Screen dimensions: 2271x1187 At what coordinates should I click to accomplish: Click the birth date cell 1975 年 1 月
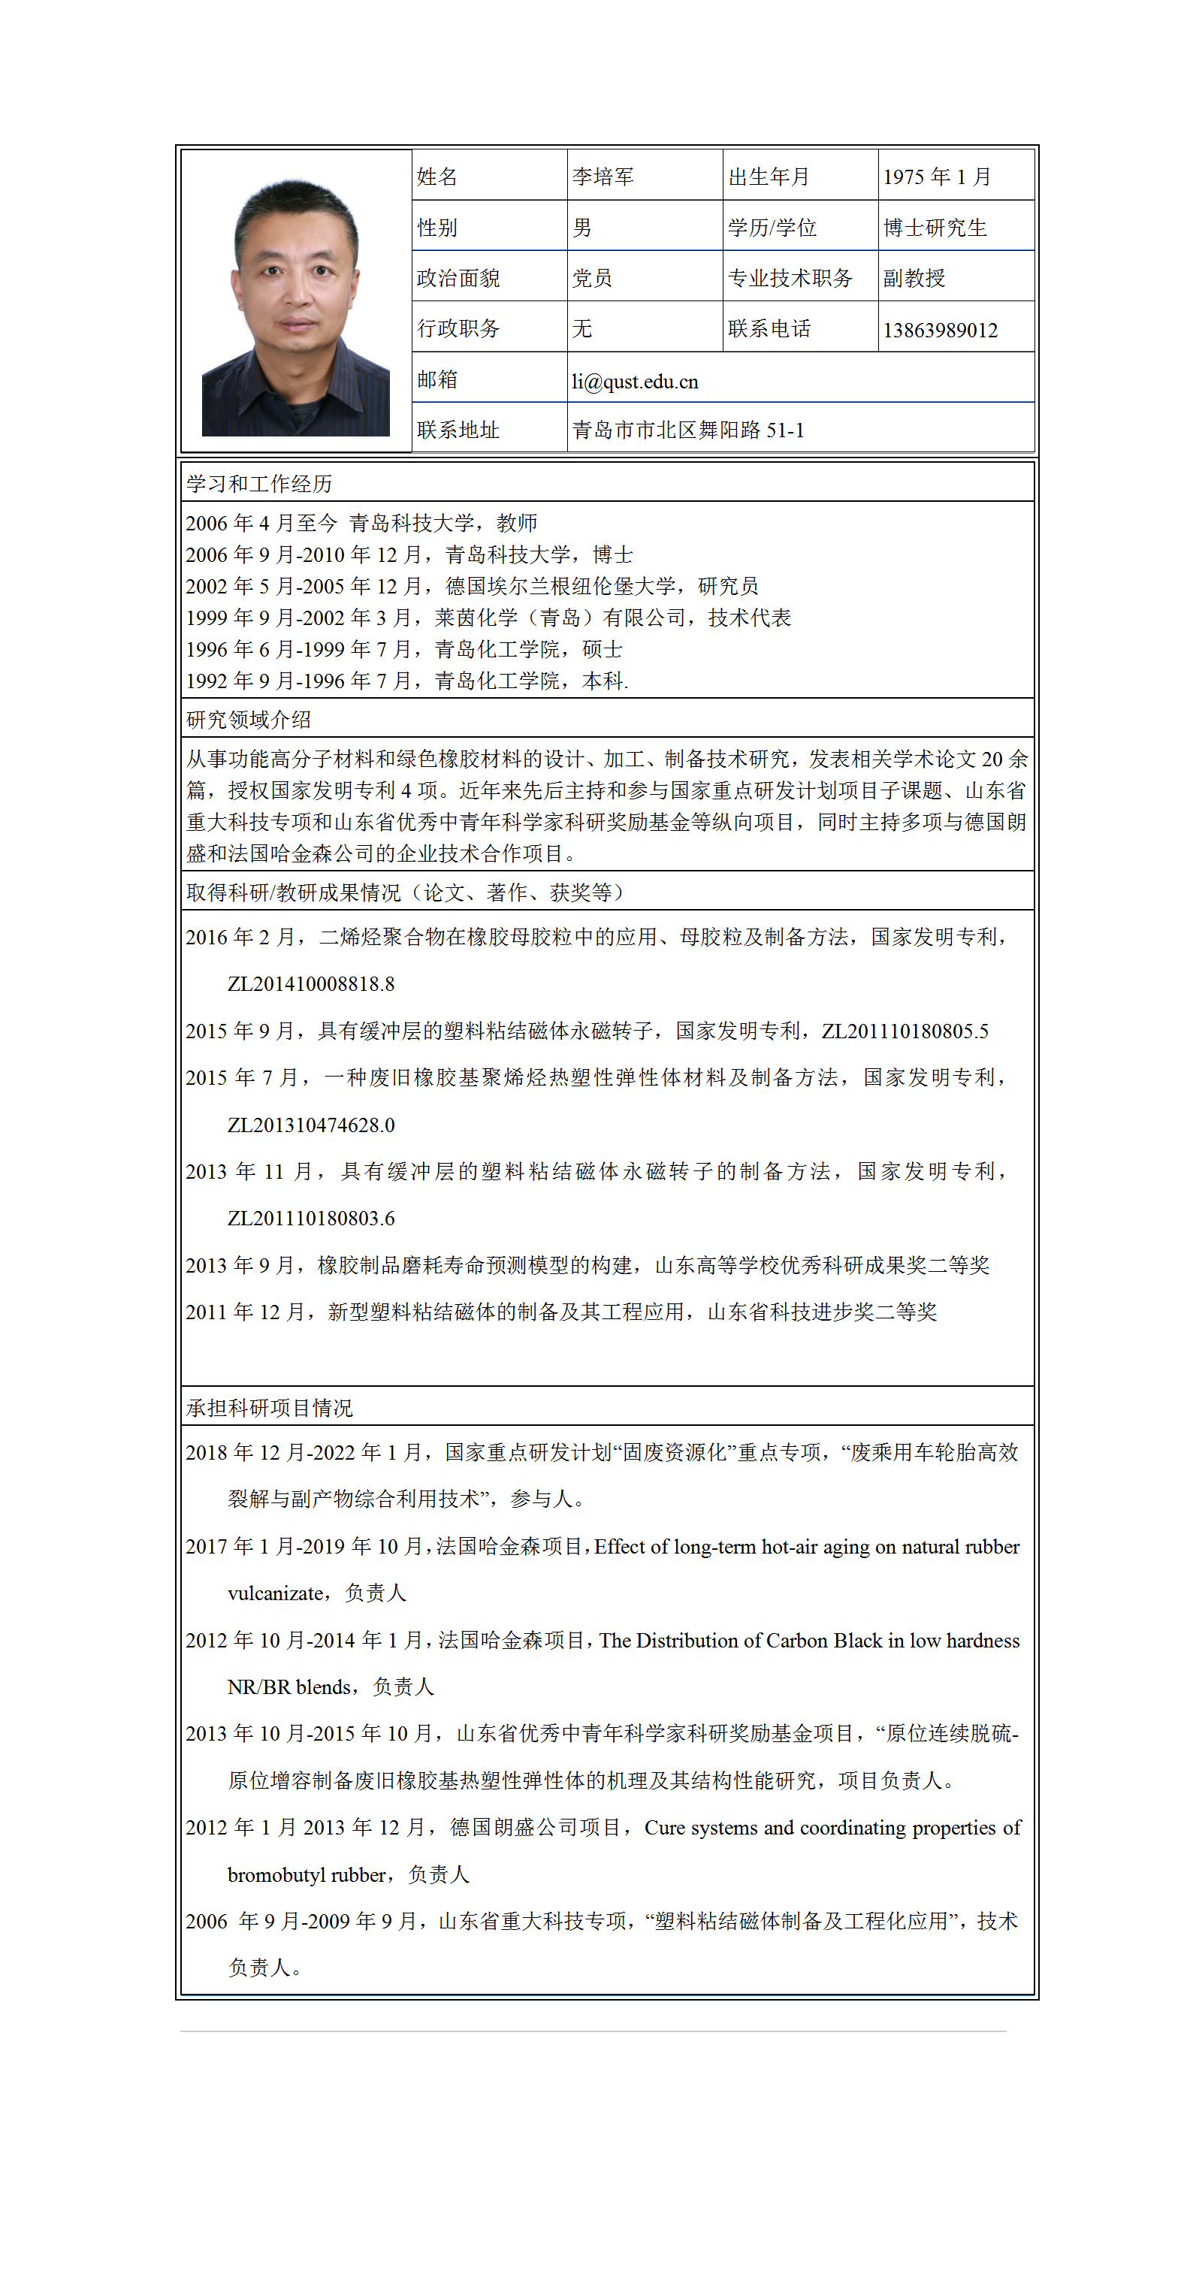pyautogui.click(x=937, y=177)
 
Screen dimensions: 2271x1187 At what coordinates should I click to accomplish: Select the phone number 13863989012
pyautogui.click(x=940, y=331)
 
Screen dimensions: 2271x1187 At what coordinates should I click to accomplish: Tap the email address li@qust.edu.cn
pyautogui.click(x=635, y=382)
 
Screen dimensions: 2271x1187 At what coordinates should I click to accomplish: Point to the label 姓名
pyautogui.click(x=436, y=177)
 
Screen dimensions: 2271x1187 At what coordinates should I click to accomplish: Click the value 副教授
pyautogui.click(x=914, y=279)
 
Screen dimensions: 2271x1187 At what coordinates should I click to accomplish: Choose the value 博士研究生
pyautogui.click(x=935, y=228)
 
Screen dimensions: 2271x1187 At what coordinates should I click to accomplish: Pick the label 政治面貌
pyautogui.click(x=458, y=279)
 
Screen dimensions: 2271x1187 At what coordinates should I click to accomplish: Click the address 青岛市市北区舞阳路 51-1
pyautogui.click(x=688, y=430)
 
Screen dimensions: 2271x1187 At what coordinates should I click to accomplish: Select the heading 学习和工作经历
pyautogui.click(x=259, y=484)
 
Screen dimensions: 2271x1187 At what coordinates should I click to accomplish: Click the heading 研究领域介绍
pyautogui.click(x=249, y=720)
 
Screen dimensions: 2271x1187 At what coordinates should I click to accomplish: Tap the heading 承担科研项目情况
pyautogui.click(x=270, y=1408)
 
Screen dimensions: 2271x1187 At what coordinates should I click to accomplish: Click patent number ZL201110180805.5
pyautogui.click(x=905, y=1031)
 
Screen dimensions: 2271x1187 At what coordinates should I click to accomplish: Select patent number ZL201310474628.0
pyautogui.click(x=311, y=1125)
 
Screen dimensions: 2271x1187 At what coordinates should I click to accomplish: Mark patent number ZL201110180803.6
pyautogui.click(x=311, y=1219)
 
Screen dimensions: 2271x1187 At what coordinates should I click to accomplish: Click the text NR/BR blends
pyautogui.click(x=289, y=1687)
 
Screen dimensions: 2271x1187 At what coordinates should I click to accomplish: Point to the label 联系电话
pyautogui.click(x=769, y=330)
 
